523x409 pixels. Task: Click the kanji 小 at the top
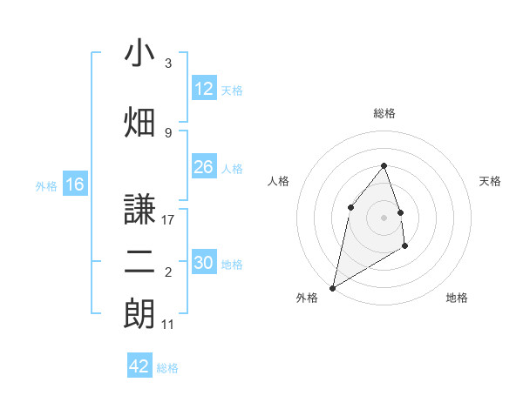click(139, 54)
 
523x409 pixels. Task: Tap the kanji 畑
click(139, 123)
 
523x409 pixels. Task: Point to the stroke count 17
click(168, 219)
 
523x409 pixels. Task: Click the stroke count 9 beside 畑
click(168, 132)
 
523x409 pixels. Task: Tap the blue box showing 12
click(203, 89)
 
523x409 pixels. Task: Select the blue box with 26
click(203, 167)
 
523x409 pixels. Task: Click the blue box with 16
click(74, 184)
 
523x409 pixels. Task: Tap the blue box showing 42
click(139, 366)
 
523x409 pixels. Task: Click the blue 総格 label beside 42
click(168, 368)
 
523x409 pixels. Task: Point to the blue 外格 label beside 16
click(46, 185)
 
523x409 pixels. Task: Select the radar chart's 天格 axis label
click(491, 181)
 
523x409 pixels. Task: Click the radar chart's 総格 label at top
click(384, 113)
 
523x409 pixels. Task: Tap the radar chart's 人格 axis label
click(278, 181)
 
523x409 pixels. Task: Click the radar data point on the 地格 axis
click(405, 247)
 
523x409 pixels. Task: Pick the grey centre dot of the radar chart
click(384, 218)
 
